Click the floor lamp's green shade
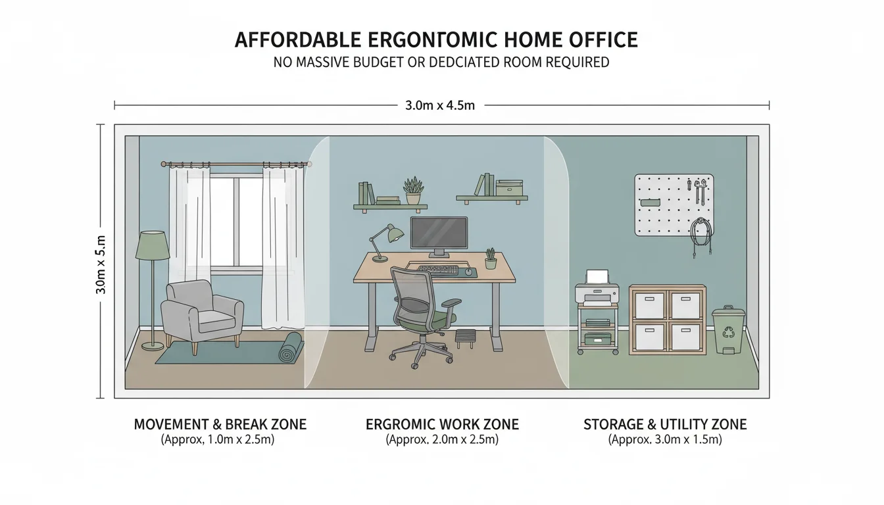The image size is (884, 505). pos(153,246)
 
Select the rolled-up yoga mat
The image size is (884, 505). pos(290,347)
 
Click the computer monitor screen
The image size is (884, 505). pos(439,233)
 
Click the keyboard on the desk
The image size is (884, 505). pos(438,270)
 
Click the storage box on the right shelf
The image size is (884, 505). pos(509,188)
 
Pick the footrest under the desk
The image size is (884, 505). pos(466,337)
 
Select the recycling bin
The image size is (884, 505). pos(728,330)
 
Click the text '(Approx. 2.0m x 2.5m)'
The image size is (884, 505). pos(442,440)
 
